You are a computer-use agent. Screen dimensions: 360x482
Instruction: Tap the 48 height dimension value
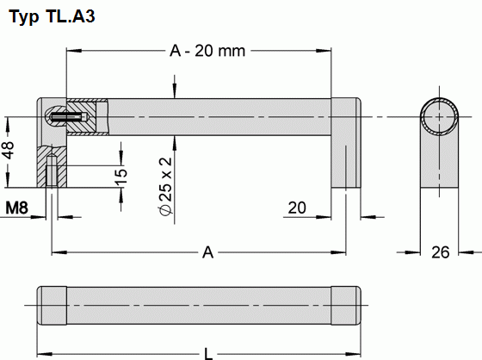click(9, 151)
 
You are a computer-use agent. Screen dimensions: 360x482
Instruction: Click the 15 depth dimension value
click(121, 176)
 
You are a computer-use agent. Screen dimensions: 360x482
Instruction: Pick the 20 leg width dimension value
click(297, 208)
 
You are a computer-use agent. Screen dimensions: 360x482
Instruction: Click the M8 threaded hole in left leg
click(53, 171)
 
